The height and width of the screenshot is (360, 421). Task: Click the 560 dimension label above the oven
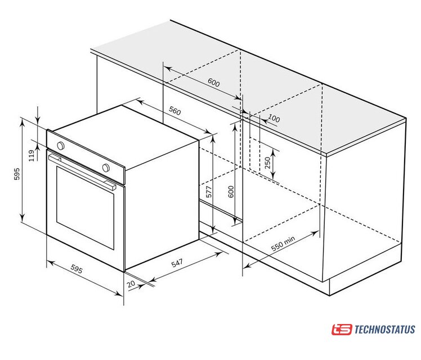tap(175, 110)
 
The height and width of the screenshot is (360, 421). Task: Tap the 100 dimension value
tap(274, 118)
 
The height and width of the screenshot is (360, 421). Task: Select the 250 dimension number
tap(268, 163)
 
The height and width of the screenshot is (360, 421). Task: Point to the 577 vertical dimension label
tap(209, 192)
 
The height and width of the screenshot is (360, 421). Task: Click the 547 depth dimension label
tap(177, 263)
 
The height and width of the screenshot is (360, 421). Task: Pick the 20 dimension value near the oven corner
tap(131, 284)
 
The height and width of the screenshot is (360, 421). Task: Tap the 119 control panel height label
tap(32, 156)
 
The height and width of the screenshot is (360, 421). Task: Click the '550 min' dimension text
tap(283, 244)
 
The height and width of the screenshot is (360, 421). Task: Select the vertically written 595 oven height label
tap(17, 174)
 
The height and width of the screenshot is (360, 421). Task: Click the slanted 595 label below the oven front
tap(77, 268)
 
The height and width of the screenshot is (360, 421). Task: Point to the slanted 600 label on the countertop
tap(214, 82)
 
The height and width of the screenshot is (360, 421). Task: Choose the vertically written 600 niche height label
tap(231, 192)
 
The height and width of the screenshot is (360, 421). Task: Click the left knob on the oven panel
tap(61, 146)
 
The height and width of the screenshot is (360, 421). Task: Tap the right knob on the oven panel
tap(106, 168)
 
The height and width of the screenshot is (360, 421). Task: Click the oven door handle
tap(82, 171)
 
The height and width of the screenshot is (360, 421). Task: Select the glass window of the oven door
tap(85, 208)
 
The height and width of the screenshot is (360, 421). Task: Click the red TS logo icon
tap(342, 330)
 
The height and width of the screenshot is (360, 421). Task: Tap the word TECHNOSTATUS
tap(385, 330)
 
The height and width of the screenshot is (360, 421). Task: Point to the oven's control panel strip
tap(86, 157)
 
